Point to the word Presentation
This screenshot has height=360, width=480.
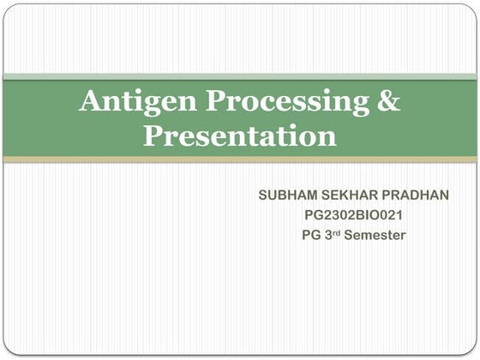pyautogui.click(x=239, y=136)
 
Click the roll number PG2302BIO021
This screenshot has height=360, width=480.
pyautogui.click(x=353, y=214)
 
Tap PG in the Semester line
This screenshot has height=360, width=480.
pyautogui.click(x=311, y=234)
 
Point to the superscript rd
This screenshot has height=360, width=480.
pyautogui.click(x=340, y=231)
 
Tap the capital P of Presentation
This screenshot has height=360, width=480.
pyautogui.click(x=153, y=135)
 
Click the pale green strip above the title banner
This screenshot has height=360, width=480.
pyautogui.click(x=240, y=77)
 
